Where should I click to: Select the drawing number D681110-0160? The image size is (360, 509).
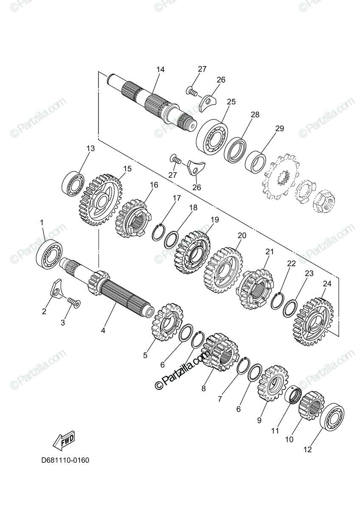coord(65,460)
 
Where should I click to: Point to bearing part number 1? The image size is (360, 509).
coord(49,254)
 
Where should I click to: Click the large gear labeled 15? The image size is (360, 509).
coord(100,198)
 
